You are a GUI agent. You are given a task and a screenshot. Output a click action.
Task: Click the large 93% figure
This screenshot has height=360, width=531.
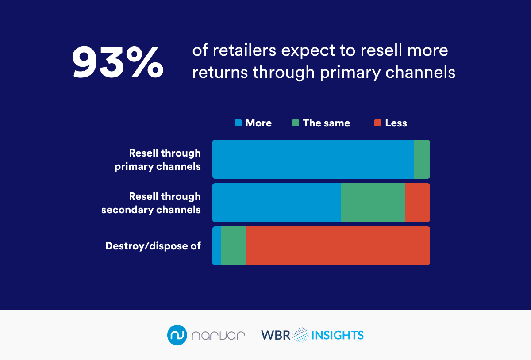coord(118,61)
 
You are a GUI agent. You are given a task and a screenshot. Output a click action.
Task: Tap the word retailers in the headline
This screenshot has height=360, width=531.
coord(244,50)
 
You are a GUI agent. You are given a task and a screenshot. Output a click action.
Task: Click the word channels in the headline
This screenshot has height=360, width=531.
coord(420,72)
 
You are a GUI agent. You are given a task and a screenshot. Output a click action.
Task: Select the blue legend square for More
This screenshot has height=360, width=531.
coord(238,123)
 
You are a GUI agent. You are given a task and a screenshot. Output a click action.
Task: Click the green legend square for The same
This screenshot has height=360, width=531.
coord(296,123)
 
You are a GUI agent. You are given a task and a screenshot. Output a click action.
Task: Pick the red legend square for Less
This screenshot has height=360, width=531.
coord(378,123)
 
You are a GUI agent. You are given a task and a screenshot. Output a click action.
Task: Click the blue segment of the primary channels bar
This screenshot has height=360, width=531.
coord(313,159)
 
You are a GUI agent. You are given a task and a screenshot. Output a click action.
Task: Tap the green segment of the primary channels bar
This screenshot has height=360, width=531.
coord(422,159)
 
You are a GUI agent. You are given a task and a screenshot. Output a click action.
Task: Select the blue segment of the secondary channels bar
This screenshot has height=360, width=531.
coord(277,203)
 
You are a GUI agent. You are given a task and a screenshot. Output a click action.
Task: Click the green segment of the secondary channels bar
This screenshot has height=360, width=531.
coord(373,203)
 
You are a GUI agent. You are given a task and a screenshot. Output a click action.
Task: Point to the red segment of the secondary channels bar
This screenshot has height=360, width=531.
coord(418,203)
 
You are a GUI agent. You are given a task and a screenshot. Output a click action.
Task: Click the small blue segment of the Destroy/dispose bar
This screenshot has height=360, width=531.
coord(217,246)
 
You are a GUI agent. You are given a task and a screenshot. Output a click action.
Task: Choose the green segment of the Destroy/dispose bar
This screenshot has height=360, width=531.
coord(234,246)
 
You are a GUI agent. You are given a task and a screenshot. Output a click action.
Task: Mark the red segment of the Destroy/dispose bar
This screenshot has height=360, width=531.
coord(338,246)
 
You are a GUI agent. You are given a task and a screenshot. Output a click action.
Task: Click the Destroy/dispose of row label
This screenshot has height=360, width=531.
coord(153,246)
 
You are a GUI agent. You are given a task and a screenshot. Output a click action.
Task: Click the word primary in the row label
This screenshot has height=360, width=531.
coord(134,167)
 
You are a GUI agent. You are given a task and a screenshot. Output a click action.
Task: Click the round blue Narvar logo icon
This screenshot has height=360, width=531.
coord(177,335)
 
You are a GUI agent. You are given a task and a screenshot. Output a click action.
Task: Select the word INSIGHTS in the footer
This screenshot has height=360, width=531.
coord(337,335)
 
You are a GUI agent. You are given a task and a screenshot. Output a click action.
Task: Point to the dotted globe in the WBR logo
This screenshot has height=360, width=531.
coord(300,335)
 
